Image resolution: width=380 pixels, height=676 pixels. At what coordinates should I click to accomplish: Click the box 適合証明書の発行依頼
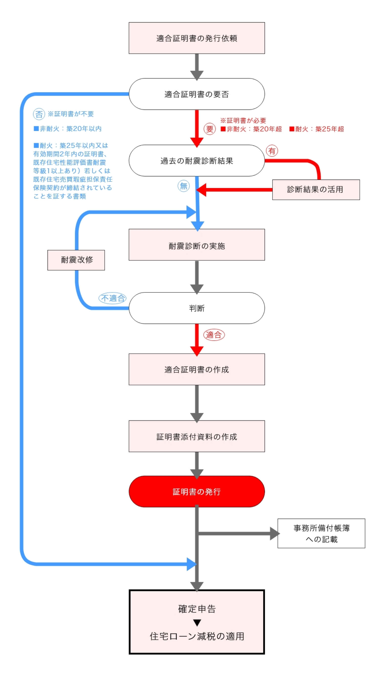197,38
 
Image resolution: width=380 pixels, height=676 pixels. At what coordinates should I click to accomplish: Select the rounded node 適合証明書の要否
197,94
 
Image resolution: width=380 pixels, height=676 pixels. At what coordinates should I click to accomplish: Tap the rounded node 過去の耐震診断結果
197,161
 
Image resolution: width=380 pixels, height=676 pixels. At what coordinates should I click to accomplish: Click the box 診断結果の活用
316,189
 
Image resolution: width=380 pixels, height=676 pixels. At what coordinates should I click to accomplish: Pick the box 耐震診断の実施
197,245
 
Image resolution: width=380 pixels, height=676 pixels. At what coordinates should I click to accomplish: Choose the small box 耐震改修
76,260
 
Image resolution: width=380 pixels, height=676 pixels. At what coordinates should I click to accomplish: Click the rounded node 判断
197,308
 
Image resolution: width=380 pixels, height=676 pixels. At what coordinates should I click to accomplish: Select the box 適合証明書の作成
197,369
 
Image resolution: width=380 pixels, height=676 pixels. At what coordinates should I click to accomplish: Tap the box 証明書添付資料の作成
197,436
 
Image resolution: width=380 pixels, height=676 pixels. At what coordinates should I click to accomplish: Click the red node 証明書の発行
197,491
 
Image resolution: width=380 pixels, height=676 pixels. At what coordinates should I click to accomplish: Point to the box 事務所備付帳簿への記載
321,533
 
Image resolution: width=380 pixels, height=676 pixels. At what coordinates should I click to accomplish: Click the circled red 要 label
209,129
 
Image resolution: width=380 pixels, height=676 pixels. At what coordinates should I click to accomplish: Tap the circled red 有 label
272,151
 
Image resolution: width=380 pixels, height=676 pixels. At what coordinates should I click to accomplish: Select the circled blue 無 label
183,186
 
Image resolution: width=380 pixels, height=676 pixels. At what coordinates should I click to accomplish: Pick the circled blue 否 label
39,114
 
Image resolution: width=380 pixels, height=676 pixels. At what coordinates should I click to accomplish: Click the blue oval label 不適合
113,298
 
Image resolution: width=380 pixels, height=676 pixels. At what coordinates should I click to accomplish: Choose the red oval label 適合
214,335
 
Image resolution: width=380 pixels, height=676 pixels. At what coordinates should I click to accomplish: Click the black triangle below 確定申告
197,622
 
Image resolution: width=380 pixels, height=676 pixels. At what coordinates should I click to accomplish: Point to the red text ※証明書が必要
243,120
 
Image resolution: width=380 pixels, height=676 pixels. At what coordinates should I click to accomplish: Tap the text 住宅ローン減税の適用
197,636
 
